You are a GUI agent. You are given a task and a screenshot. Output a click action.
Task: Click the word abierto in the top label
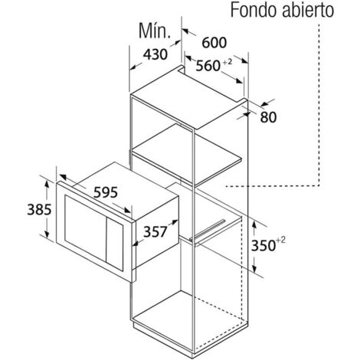306,10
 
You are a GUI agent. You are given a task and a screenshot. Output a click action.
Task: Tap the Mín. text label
155,31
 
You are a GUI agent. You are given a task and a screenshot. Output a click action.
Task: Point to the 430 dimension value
155,54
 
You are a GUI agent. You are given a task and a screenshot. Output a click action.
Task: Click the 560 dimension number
208,66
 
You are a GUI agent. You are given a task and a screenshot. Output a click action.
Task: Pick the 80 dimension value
268,117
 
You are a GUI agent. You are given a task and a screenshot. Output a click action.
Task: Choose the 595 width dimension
106,192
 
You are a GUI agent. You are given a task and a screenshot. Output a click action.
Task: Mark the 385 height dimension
39,210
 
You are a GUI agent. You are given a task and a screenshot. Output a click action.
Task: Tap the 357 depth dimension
155,232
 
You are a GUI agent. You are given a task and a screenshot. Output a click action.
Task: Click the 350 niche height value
263,246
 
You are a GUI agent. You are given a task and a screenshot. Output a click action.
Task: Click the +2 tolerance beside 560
227,62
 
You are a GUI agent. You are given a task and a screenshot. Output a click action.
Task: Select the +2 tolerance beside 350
280,240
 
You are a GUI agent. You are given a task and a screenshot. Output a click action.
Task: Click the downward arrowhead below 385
47,234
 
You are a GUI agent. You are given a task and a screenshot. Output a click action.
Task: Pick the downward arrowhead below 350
254,268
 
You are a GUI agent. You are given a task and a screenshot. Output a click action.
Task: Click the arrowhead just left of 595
63,177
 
